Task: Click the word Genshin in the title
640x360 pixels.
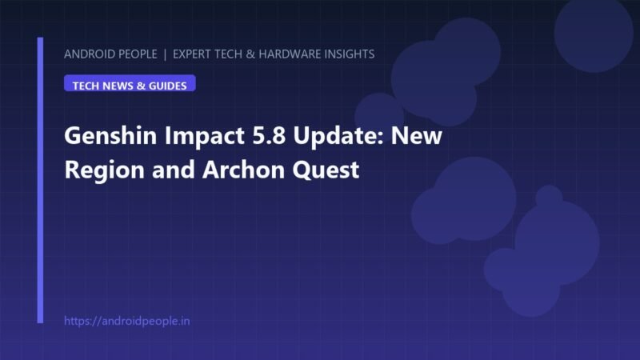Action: [x=110, y=135]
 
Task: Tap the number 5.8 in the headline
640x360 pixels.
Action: [x=269, y=135]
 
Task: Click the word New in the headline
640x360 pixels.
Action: [x=416, y=136]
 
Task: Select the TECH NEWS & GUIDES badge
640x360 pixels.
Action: [x=130, y=83]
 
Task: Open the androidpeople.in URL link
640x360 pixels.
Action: [x=127, y=321]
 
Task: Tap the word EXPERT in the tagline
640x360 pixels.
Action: [x=191, y=54]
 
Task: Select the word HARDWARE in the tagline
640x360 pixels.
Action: [x=289, y=54]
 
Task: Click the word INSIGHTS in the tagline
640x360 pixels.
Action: [x=348, y=54]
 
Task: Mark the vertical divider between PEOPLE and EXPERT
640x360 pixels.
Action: [x=165, y=54]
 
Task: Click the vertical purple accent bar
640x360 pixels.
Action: [x=40, y=181]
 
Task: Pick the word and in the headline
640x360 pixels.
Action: [x=174, y=170]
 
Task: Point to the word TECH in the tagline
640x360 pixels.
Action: [x=228, y=54]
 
